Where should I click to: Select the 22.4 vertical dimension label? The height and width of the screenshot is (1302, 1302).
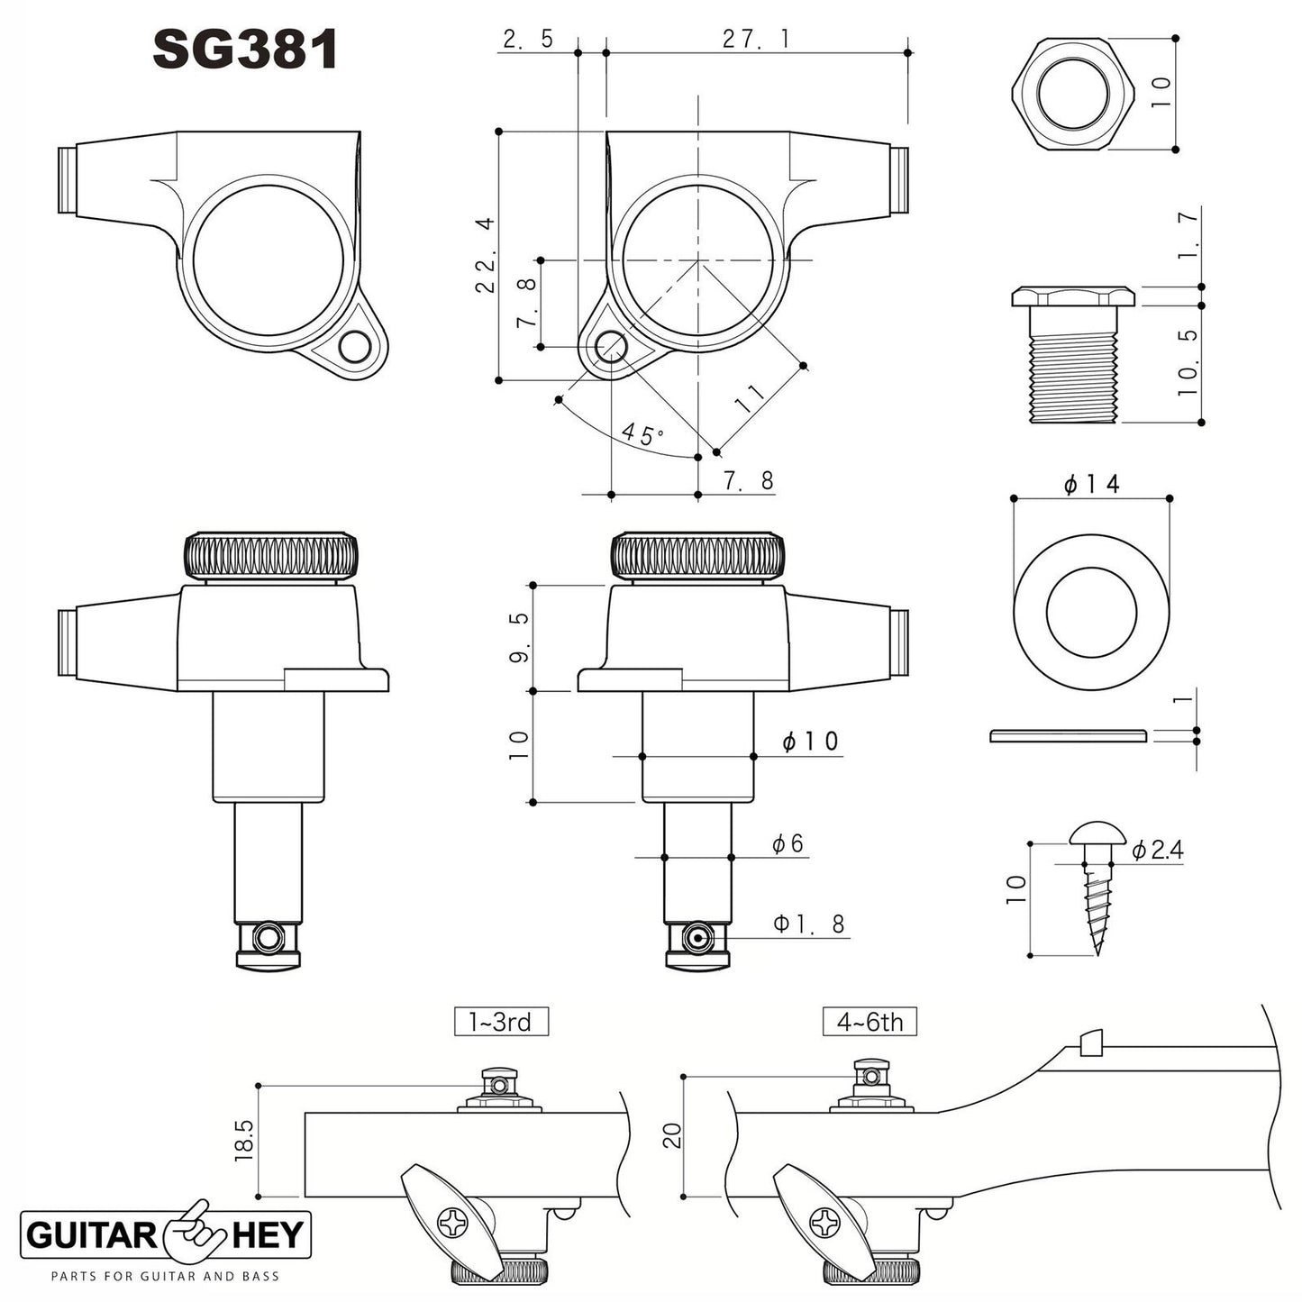click(x=486, y=255)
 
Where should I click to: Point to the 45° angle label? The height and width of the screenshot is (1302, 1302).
click(x=642, y=434)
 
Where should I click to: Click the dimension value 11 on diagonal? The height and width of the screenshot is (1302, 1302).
click(x=750, y=397)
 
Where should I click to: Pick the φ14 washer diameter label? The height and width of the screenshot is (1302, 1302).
click(x=1091, y=484)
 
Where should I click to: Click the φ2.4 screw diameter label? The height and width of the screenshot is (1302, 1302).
click(x=1157, y=850)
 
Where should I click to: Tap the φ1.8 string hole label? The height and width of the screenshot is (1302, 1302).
click(x=809, y=924)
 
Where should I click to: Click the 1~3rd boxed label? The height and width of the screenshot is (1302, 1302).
click(x=500, y=1022)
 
